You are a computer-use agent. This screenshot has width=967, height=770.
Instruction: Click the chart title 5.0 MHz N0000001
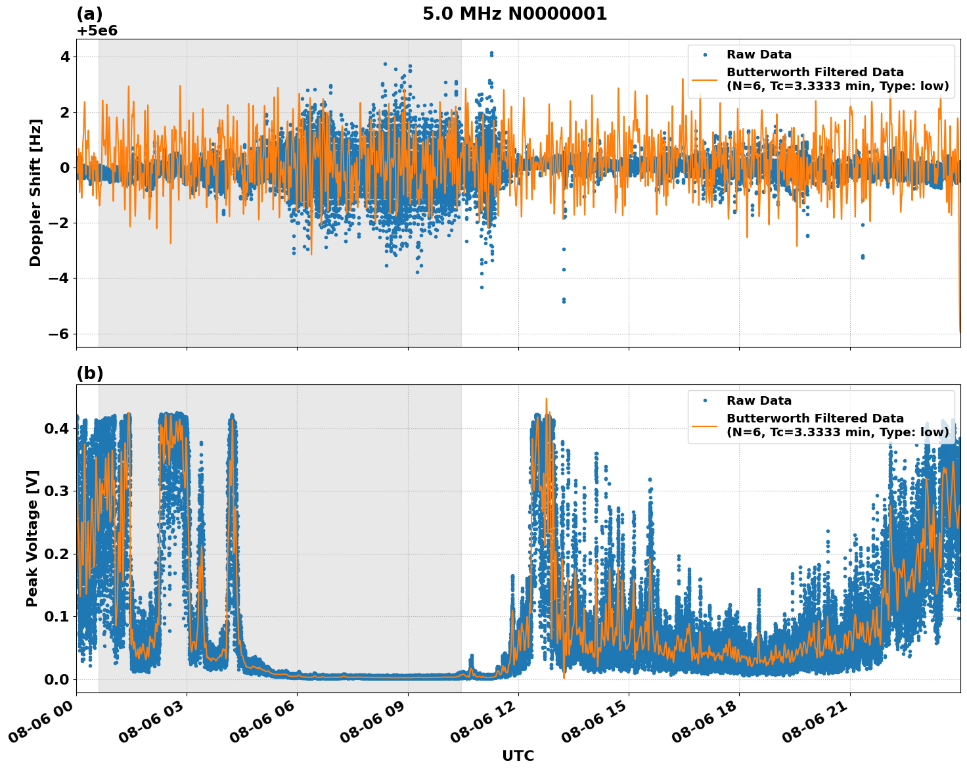pyautogui.click(x=514, y=14)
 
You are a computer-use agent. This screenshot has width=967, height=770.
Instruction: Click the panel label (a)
pyautogui.click(x=90, y=14)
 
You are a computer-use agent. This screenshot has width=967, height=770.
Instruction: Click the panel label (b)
pyautogui.click(x=90, y=373)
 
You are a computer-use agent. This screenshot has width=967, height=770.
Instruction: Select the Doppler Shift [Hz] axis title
pyautogui.click(x=35, y=192)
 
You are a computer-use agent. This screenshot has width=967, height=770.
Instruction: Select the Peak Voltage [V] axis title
pyautogui.click(x=32, y=538)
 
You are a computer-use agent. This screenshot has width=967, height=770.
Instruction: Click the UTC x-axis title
pyautogui.click(x=518, y=756)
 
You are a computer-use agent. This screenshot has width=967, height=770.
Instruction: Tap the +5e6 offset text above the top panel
pyautogui.click(x=97, y=31)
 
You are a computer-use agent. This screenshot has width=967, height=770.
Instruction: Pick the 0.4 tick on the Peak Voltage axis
pyautogui.click(x=56, y=428)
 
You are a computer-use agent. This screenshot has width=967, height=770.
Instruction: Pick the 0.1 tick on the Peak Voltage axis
pyautogui.click(x=56, y=616)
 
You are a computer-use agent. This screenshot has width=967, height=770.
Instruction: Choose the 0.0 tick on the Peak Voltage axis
pyautogui.click(x=56, y=679)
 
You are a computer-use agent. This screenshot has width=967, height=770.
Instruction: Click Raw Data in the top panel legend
pyautogui.click(x=759, y=55)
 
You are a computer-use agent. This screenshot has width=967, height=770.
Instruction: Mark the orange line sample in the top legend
pyautogui.click(x=704, y=79)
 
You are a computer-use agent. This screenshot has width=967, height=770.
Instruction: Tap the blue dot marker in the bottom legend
pyautogui.click(x=704, y=401)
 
